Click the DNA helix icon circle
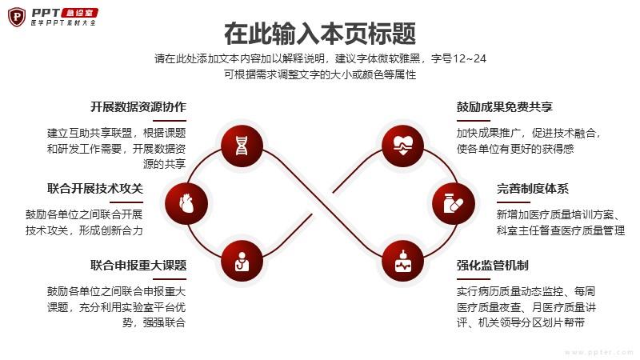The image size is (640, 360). tap(242, 146)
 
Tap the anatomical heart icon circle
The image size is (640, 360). tap(186, 203)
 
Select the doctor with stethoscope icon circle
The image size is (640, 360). tap(242, 262)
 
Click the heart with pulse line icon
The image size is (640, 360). tap(402, 146)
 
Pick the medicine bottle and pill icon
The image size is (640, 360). tap(453, 203)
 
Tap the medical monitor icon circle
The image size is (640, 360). tap(402, 262)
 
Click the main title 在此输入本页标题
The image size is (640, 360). tap(320, 34)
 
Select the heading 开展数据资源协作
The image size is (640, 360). tap(138, 107)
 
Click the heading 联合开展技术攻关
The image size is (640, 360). tap(95, 189)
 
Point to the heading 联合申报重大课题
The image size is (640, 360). tap(138, 266)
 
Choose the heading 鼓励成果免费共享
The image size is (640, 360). tap(505, 107)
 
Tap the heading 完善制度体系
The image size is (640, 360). tap(533, 189)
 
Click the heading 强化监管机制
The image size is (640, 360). tap(493, 266)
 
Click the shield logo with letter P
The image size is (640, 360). tap(17, 17)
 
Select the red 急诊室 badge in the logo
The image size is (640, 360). tap(80, 13)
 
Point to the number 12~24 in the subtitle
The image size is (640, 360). tap(469, 58)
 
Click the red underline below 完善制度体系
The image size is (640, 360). tap(514, 202)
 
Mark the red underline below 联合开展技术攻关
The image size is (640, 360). tap(126, 202)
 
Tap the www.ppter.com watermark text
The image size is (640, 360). tap(599, 352)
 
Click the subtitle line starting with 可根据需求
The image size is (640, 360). tap(320, 74)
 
